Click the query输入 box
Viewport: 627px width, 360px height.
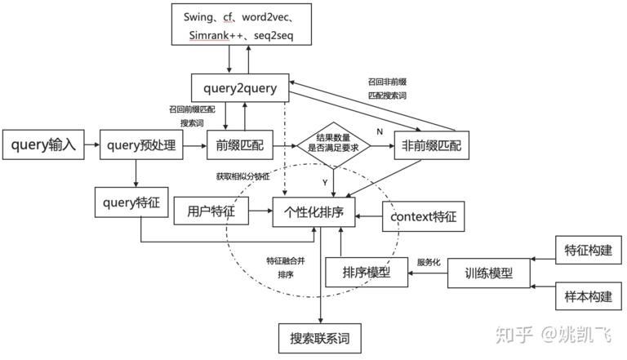point(43,145)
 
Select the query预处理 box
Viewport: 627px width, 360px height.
point(140,145)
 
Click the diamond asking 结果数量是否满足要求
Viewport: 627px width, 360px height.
point(331,145)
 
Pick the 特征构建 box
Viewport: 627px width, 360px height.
point(583,249)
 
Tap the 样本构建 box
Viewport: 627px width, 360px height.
point(583,296)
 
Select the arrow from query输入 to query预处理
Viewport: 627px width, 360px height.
point(90,146)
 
